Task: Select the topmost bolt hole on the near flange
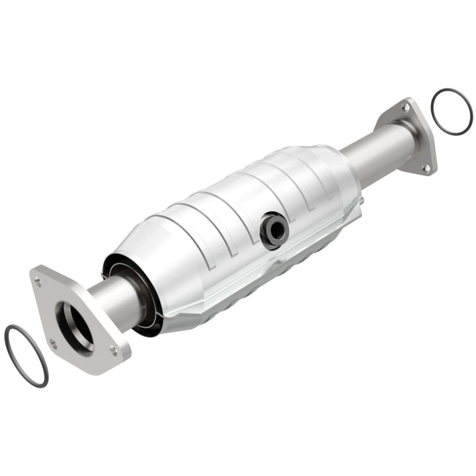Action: [x=38, y=282]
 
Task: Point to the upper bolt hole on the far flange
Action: [x=405, y=108]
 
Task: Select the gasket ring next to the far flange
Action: [x=452, y=112]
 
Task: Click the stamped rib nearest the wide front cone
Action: [x=188, y=228]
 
